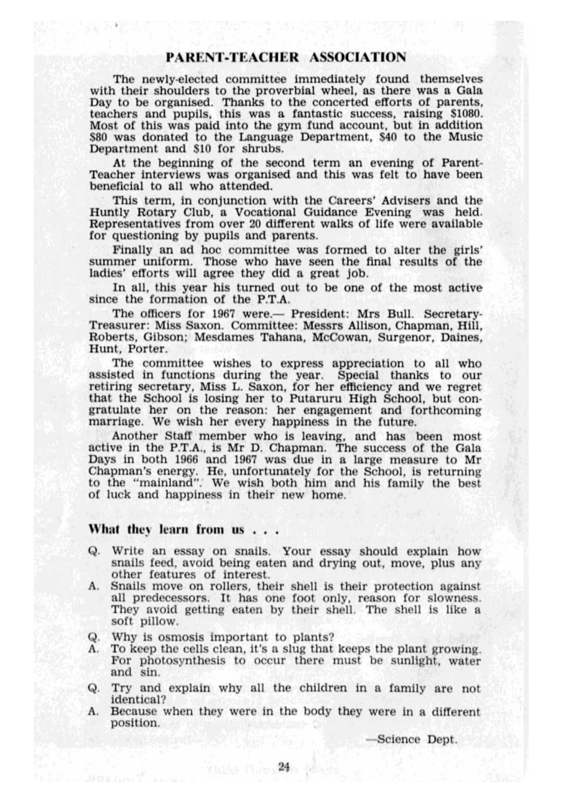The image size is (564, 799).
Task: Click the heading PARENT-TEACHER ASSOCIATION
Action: [x=285, y=57]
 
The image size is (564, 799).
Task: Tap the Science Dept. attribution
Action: [x=411, y=740]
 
